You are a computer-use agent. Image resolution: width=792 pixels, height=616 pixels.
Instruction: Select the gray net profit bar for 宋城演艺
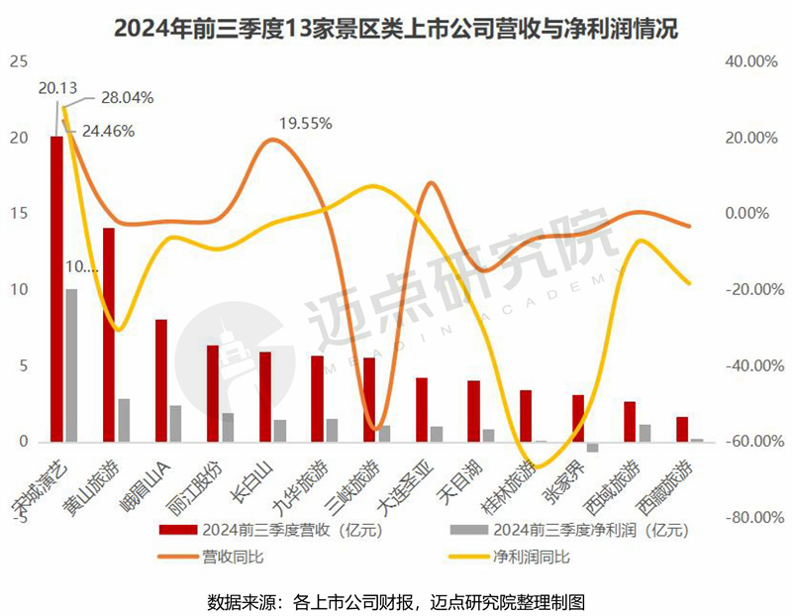[71, 365]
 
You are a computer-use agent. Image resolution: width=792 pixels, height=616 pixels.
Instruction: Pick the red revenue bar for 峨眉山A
[160, 380]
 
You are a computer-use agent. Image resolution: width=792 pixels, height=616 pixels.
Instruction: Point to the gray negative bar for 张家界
[592, 447]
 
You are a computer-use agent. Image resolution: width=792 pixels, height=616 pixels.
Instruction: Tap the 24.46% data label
[108, 130]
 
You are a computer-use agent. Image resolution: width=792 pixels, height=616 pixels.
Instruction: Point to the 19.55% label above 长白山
[305, 124]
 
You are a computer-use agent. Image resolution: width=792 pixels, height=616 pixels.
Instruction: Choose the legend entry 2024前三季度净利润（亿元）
[578, 531]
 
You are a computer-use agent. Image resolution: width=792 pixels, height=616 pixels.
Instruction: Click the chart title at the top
[396, 28]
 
